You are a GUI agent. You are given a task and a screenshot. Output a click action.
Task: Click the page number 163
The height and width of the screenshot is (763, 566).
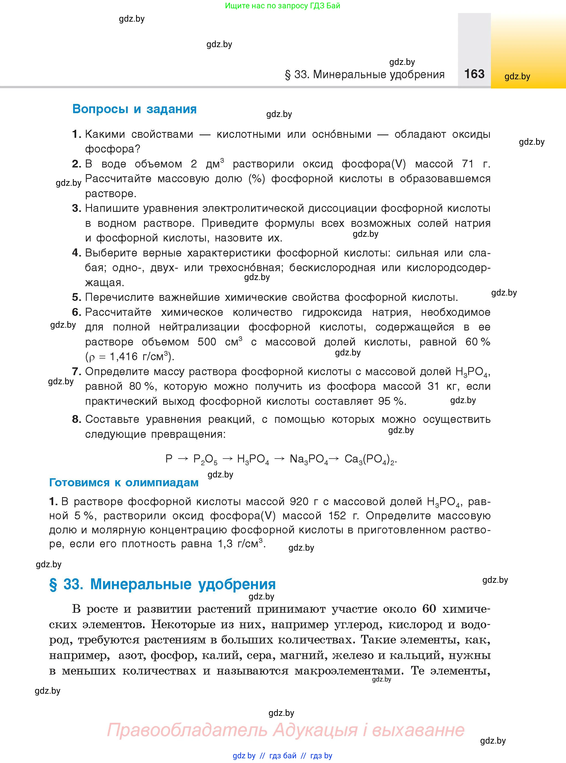(474, 74)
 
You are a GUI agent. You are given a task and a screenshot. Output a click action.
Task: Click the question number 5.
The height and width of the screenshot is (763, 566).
(76, 297)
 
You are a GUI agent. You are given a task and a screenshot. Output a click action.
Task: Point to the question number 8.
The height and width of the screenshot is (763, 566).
(76, 419)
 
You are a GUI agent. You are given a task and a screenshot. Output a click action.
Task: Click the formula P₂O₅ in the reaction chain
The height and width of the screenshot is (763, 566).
(205, 459)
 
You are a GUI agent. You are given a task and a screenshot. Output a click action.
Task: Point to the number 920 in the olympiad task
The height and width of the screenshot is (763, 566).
(299, 502)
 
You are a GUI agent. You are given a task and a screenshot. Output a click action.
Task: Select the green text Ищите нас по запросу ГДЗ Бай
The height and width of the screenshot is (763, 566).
(283, 6)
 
